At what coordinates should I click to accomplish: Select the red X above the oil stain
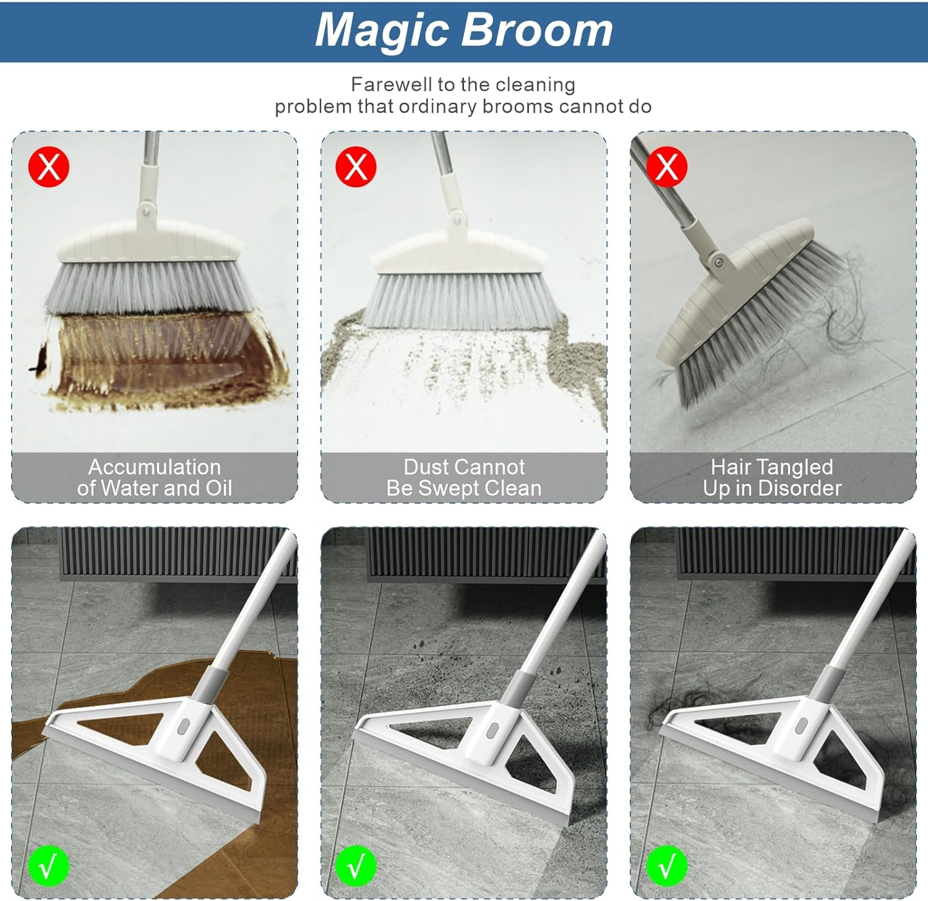[x=49, y=166]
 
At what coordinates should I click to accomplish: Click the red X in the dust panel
[x=356, y=166]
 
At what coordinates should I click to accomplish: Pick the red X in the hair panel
[x=666, y=166]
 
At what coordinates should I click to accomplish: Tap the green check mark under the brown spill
[x=48, y=866]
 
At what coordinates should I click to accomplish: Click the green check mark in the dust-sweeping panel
[x=356, y=866]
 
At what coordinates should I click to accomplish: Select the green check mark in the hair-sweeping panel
[x=666, y=866]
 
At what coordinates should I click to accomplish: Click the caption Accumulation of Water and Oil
[x=155, y=477]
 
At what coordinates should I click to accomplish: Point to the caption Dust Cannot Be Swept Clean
[x=464, y=477]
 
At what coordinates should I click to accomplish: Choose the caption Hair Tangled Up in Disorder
[x=772, y=477]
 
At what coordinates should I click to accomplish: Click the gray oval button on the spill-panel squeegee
[x=183, y=726]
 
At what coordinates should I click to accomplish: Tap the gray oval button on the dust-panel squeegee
[x=492, y=730]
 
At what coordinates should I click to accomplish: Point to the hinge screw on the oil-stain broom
[x=145, y=210]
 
